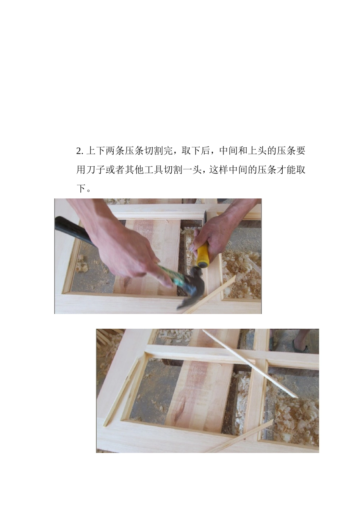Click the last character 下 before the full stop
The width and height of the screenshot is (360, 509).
(81, 188)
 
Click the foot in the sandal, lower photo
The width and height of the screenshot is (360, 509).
(301, 343)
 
